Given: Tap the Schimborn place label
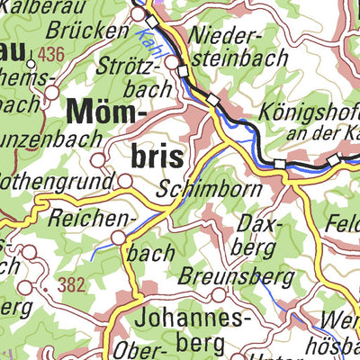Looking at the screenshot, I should [209, 190].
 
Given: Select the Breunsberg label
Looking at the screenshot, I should [222, 275].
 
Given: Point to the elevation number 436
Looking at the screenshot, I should [51, 56].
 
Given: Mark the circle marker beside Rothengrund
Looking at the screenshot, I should [124, 181].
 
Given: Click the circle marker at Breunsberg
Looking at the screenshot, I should [218, 293].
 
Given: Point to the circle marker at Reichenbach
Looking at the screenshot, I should [119, 238].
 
